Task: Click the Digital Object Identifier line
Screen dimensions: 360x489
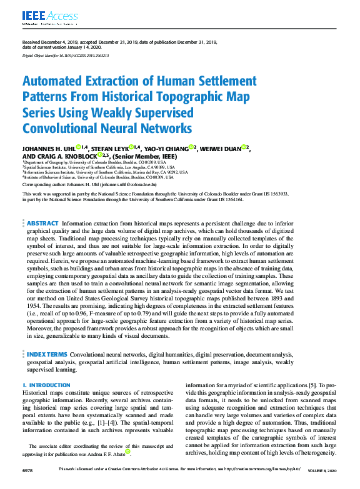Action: [65, 56]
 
